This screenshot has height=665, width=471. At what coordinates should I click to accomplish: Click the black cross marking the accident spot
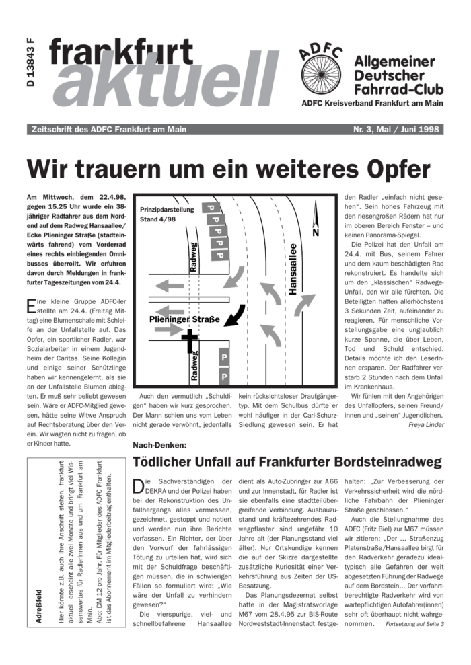190,340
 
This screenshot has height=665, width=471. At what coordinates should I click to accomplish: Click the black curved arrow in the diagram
233,313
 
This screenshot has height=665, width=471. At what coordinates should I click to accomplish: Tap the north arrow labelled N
315,221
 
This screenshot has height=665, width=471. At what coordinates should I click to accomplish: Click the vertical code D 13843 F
30,67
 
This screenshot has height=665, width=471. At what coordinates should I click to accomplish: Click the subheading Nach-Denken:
159,445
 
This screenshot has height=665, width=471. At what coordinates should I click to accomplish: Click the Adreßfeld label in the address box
38,607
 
